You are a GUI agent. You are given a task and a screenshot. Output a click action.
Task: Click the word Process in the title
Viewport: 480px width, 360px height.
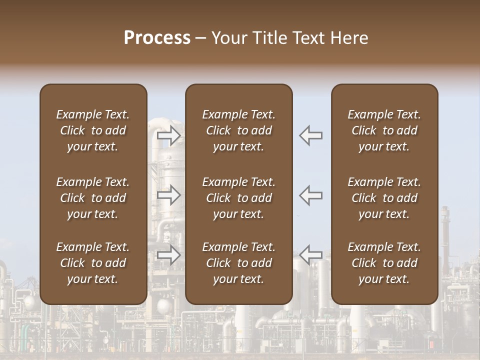(x=157, y=38)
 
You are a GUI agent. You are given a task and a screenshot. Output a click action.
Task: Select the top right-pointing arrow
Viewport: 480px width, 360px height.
(x=168, y=135)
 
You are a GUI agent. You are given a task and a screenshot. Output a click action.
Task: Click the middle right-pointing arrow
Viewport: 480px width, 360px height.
(x=168, y=195)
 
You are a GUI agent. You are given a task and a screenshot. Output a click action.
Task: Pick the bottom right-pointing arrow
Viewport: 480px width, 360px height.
(x=168, y=255)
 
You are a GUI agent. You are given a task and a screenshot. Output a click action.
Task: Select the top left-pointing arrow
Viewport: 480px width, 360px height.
(x=310, y=135)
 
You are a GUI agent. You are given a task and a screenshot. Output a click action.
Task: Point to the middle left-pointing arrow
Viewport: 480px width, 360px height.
(x=310, y=195)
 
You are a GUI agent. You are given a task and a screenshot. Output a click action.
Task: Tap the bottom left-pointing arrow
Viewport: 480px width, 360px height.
(x=310, y=255)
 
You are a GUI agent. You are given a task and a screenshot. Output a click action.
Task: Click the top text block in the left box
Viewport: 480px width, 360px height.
(x=93, y=130)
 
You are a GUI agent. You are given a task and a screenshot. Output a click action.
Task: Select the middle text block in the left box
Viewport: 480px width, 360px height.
(x=93, y=198)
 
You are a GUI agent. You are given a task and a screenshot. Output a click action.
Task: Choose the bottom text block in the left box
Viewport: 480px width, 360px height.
(x=93, y=263)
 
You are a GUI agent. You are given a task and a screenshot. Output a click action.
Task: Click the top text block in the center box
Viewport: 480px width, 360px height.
(x=238, y=130)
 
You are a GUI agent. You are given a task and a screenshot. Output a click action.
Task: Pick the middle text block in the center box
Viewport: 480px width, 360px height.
(x=238, y=198)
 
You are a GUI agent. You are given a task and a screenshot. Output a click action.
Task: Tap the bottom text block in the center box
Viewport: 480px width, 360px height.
(x=238, y=263)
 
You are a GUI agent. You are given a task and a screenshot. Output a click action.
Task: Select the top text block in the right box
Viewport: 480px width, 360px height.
(x=384, y=130)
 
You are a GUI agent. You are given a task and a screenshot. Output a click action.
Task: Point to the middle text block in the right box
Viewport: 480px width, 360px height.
(x=384, y=198)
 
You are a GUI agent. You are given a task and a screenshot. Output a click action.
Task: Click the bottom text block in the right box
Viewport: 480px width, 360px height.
(x=384, y=263)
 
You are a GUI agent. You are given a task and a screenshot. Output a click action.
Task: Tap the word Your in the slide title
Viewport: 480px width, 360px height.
(x=228, y=38)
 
